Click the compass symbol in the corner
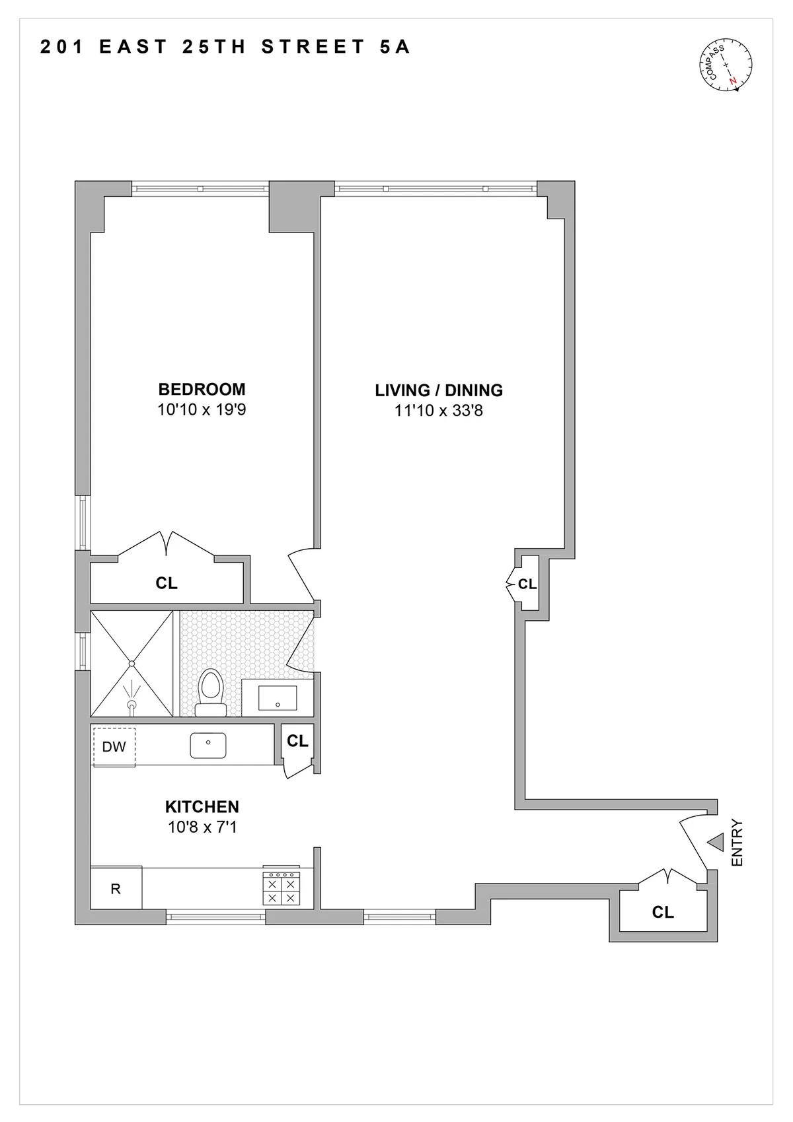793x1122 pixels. [x=725, y=65]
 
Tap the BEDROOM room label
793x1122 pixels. [x=202, y=389]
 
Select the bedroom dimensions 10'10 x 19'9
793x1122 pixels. [x=202, y=409]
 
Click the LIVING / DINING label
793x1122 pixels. [x=439, y=390]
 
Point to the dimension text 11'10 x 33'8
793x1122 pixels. [x=439, y=411]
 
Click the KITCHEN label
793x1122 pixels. [x=202, y=806]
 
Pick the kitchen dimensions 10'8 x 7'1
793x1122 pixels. [x=202, y=827]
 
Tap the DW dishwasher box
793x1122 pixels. [x=114, y=747]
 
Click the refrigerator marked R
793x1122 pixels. [x=116, y=889]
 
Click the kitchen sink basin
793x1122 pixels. [x=208, y=745]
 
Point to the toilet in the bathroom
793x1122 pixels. [x=211, y=690]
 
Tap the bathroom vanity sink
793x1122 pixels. [x=277, y=698]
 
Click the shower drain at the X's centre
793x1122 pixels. [x=132, y=663]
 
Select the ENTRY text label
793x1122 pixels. [x=737, y=843]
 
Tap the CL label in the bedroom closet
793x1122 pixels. [x=167, y=583]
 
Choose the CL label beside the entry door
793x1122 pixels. [x=663, y=912]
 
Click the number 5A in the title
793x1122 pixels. [x=395, y=47]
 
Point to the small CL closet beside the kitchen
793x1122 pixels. [x=297, y=741]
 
